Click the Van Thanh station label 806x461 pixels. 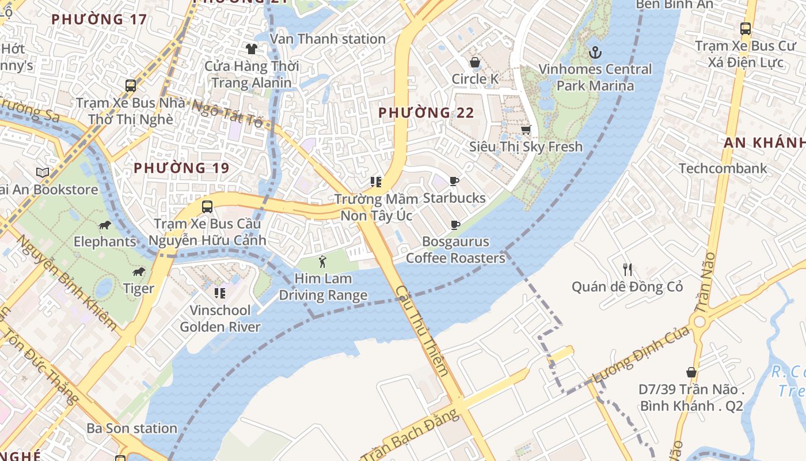(328, 39)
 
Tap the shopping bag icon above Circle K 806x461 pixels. (475, 62)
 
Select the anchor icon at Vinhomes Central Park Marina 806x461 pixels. (595, 53)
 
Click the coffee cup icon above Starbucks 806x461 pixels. (454, 182)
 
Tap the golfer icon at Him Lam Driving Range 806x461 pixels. (322, 262)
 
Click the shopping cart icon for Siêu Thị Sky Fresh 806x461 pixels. (526, 130)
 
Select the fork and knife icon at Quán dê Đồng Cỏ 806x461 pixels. (627, 269)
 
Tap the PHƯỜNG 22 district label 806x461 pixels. (427, 113)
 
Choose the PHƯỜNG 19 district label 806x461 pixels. (181, 168)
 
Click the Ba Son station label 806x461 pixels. (132, 428)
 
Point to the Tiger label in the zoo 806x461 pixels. (139, 288)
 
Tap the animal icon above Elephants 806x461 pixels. (104, 225)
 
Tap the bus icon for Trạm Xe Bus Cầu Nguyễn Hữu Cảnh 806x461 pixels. (207, 207)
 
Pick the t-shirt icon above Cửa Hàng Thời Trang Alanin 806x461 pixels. (251, 49)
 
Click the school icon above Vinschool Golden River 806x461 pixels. (219, 293)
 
